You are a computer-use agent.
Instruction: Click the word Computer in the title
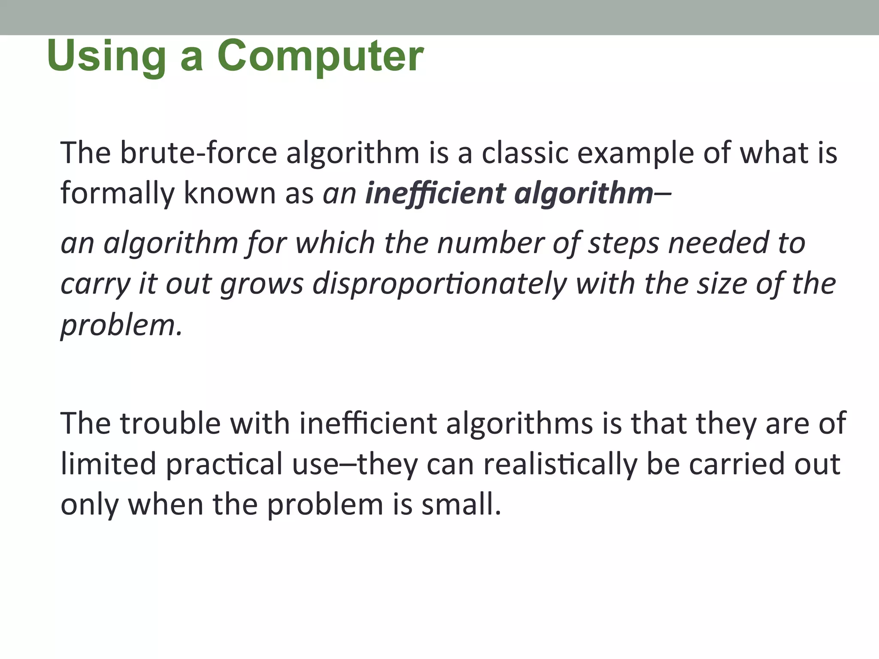[320, 56]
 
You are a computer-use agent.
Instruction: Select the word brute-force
[199, 153]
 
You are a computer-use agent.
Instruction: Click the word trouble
[170, 423]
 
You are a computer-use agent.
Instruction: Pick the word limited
[108, 464]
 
